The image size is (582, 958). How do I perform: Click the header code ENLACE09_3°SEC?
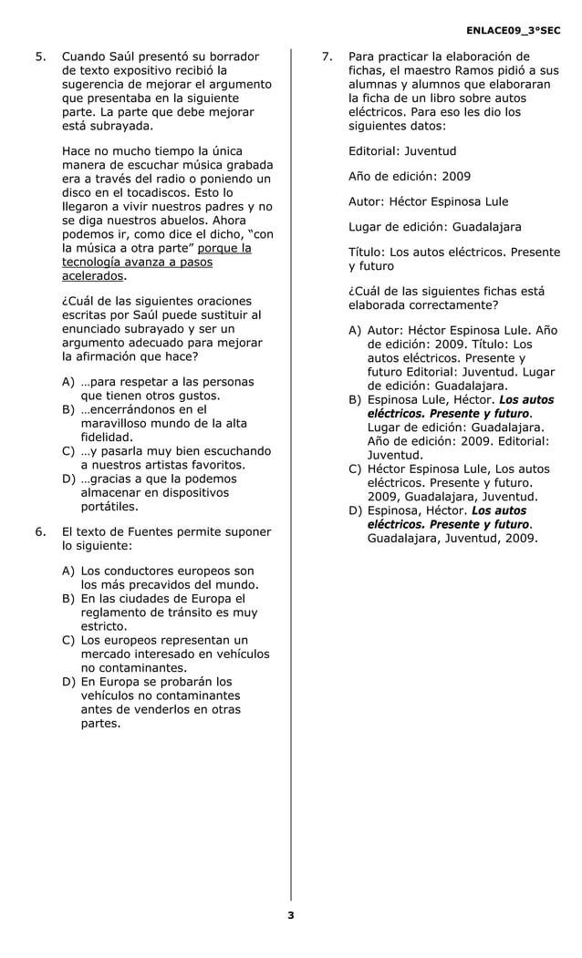[512, 31]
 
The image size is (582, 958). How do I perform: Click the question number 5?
[39, 57]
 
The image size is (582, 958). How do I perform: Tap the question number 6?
[39, 531]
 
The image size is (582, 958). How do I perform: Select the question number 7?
[327, 57]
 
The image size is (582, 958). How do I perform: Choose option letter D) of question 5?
[68, 479]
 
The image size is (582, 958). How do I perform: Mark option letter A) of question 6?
[68, 571]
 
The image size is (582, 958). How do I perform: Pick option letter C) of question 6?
[68, 640]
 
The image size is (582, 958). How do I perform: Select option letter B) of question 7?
[355, 400]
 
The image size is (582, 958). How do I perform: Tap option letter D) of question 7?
[355, 510]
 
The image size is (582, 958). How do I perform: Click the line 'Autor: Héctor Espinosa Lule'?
[428, 201]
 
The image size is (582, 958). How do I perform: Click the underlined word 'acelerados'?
[91, 275]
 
